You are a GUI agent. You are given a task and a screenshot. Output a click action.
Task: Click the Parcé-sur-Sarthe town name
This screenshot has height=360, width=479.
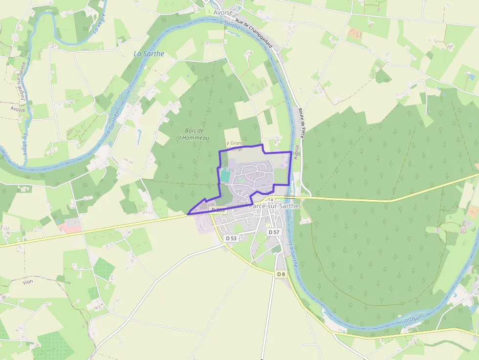coord(274,206)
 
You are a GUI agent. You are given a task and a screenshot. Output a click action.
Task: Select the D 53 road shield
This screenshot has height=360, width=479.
coord(231,238)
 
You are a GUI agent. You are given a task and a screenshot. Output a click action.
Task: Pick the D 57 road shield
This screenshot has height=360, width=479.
coord(274,232)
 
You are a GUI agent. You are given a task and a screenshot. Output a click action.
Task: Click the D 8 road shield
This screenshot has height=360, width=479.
coord(281,274)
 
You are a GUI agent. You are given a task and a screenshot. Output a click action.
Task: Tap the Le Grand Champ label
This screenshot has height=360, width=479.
coord(235,145)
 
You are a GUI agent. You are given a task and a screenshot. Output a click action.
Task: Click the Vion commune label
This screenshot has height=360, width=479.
coord(28,282)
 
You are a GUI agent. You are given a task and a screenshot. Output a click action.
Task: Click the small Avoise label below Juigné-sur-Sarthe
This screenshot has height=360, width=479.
coord(18,109)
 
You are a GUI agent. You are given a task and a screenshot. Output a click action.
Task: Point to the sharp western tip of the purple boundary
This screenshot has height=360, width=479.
coord(188,214)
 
